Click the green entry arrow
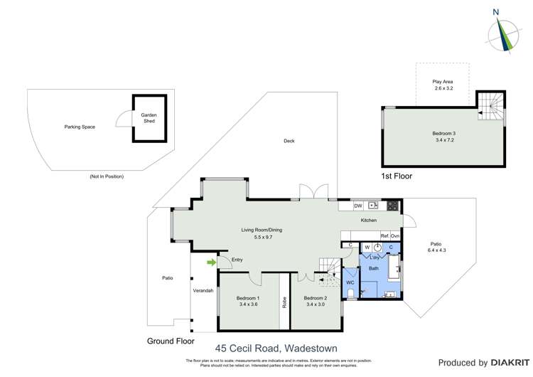pos(211,262)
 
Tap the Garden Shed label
pos(149,118)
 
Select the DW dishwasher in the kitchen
pos(358,206)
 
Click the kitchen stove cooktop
pos(392,206)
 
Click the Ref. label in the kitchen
pos(384,235)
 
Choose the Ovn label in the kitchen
pos(395,235)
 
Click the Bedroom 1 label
pos(248,298)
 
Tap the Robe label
pos(284,301)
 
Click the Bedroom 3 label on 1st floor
pos(444,134)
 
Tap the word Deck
pos(289,141)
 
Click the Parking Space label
pos(79,127)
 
